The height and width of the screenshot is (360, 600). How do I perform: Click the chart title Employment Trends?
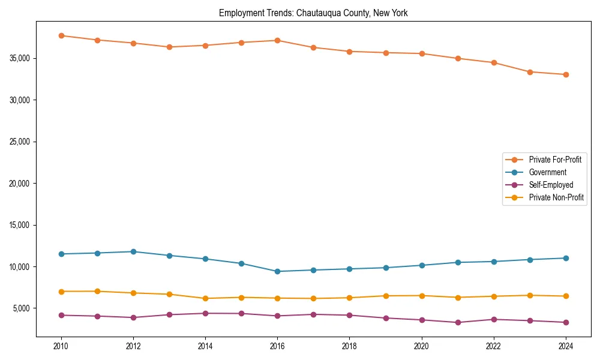pyautogui.click(x=313, y=13)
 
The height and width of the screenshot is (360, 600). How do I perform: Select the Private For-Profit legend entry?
pyautogui.click(x=555, y=160)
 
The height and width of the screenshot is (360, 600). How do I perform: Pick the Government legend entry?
pyautogui.click(x=547, y=172)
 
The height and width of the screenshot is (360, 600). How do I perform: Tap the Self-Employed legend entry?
pyautogui.click(x=551, y=185)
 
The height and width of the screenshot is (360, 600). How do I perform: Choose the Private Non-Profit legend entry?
pyautogui.click(x=556, y=197)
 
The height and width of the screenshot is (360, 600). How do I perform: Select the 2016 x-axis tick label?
pyautogui.click(x=277, y=346)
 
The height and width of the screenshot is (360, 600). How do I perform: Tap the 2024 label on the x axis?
pyautogui.click(x=566, y=346)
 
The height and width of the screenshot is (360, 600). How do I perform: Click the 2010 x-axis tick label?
pyautogui.click(x=61, y=346)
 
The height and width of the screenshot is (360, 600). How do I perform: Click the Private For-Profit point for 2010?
pyautogui.click(x=61, y=35)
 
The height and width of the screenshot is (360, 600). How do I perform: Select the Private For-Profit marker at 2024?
pyautogui.click(x=566, y=74)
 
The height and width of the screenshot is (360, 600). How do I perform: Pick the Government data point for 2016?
pyautogui.click(x=277, y=271)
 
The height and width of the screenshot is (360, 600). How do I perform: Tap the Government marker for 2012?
pyautogui.click(x=133, y=251)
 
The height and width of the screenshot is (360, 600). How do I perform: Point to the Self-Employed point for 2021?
pyautogui.click(x=458, y=322)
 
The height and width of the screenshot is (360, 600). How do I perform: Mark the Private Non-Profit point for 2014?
pyautogui.click(x=205, y=298)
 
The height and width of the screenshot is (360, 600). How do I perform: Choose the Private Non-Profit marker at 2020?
pyautogui.click(x=422, y=296)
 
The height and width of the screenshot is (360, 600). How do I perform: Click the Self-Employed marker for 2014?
pyautogui.click(x=205, y=313)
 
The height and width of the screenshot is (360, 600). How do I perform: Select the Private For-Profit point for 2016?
pyautogui.click(x=277, y=40)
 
